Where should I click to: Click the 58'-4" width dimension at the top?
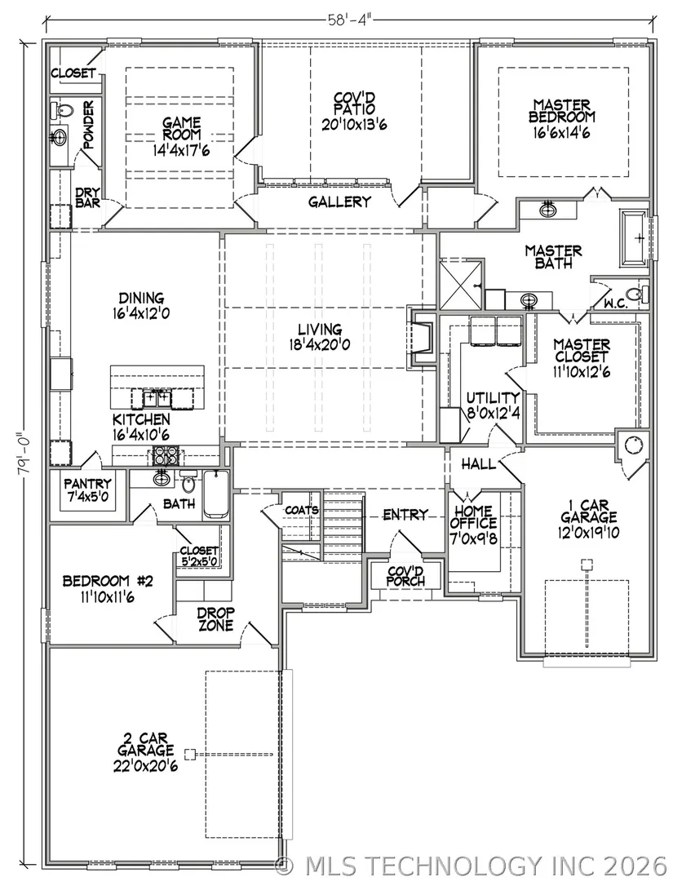(350, 20)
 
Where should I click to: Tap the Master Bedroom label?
(562, 111)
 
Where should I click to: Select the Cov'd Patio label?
(354, 104)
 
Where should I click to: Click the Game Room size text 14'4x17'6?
(181, 151)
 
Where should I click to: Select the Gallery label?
(339, 202)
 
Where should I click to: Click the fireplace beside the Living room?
(422, 341)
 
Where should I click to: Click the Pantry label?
(87, 484)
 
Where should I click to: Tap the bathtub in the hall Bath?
(215, 494)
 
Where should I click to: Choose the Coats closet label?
(302, 510)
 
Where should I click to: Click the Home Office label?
(473, 517)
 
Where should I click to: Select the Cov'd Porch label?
(405, 576)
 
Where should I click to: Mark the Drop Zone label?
(215, 619)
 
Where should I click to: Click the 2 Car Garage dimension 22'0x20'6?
(146, 767)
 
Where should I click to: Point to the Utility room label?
(493, 398)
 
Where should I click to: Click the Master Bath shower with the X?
(461, 285)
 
